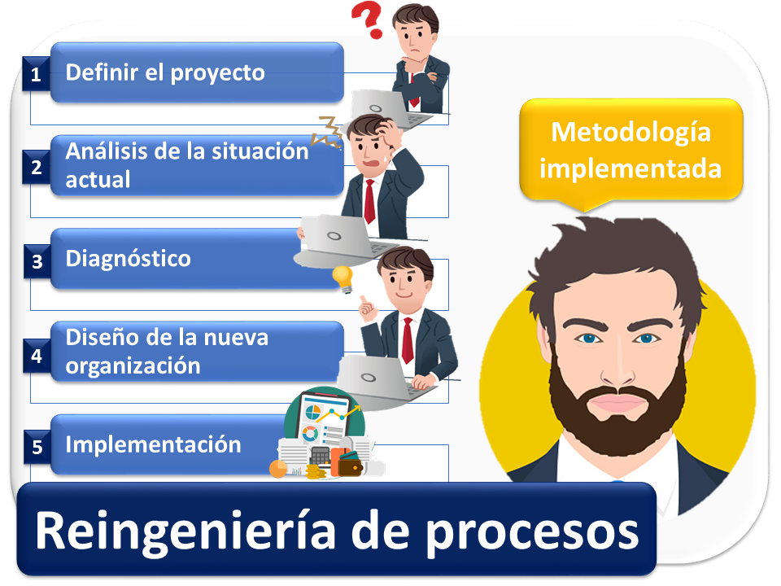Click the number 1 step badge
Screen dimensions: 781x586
(36, 74)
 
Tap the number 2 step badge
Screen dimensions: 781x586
(37, 168)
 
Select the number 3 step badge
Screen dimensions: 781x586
(37, 261)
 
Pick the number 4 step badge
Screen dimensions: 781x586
(37, 356)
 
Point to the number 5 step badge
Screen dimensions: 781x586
(37, 448)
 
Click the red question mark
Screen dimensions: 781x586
(368, 20)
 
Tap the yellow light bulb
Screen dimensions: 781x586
(343, 278)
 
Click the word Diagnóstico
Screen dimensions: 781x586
(128, 259)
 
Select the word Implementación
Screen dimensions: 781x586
(154, 444)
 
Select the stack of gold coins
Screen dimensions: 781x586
(316, 471)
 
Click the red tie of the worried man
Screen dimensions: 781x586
(369, 201)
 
